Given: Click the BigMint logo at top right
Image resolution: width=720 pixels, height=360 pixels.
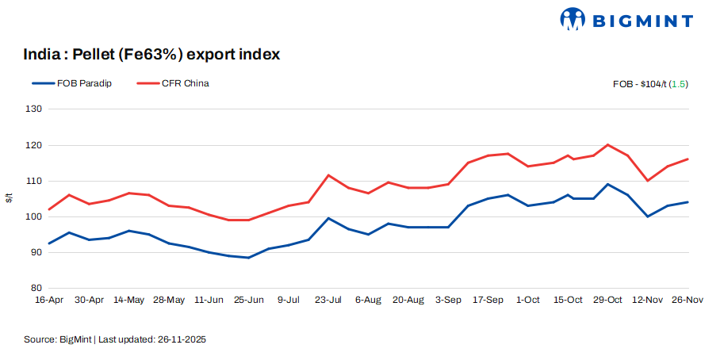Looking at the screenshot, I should click(626, 20).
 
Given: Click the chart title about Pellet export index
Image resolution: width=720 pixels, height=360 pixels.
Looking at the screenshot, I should click(151, 55).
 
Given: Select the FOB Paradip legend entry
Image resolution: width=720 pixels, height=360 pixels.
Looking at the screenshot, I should click(71, 83).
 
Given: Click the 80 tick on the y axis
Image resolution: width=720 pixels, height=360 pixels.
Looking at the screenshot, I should click(35, 288).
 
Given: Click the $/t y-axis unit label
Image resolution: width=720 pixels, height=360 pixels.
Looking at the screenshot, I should click(10, 198).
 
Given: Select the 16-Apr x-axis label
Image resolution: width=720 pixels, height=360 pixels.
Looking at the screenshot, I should click(49, 300).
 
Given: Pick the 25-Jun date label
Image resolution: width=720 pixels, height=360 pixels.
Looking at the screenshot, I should click(249, 300).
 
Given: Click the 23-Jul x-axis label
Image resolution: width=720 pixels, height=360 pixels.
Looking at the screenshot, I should click(328, 300).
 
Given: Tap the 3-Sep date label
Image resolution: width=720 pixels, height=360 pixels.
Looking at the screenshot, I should click(448, 300).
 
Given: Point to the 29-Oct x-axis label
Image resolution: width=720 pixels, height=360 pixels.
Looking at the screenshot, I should click(607, 300).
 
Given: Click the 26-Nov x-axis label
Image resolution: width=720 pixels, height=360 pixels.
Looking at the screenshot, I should click(687, 300).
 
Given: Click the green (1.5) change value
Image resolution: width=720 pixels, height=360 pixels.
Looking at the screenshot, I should click(679, 83).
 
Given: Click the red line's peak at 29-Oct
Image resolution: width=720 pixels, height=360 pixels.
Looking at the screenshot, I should click(607, 145).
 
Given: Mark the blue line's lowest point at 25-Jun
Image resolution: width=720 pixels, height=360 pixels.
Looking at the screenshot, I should click(249, 258).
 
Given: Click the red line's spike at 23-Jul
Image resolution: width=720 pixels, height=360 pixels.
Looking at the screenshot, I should click(328, 175).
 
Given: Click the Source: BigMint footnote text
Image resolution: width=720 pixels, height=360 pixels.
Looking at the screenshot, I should click(116, 339).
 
